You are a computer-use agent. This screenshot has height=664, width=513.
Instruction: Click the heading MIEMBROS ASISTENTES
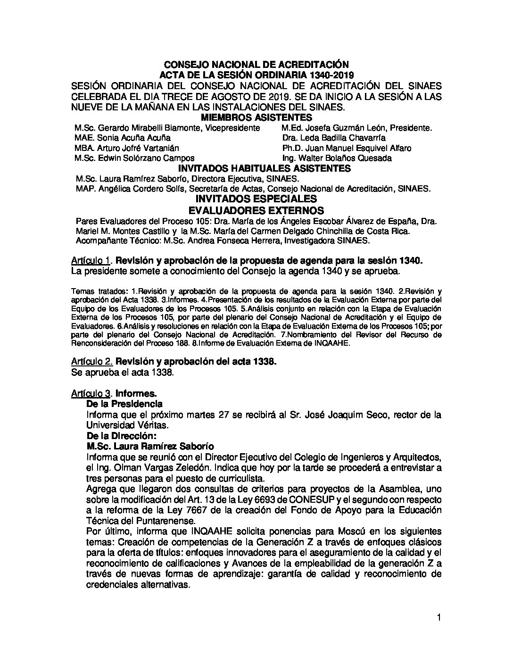(x=256, y=117)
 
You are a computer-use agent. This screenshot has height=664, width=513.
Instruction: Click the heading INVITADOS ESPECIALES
(x=256, y=199)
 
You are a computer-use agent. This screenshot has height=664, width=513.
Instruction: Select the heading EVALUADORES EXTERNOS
(x=256, y=210)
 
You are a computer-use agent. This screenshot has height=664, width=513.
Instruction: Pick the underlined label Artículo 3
(x=91, y=393)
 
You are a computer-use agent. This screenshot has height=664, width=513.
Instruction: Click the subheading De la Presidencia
(x=124, y=404)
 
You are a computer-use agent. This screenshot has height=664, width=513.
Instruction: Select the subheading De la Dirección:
(x=121, y=435)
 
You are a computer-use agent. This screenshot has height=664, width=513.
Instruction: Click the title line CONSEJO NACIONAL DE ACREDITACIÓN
(x=256, y=64)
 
